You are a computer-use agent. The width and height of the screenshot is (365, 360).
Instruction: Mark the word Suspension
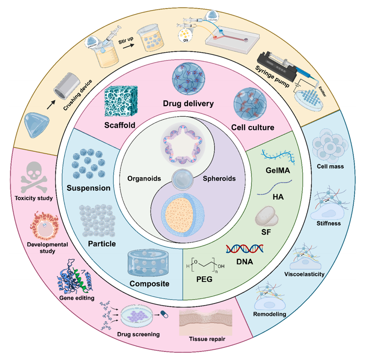pyautogui.click(x=89, y=188)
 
